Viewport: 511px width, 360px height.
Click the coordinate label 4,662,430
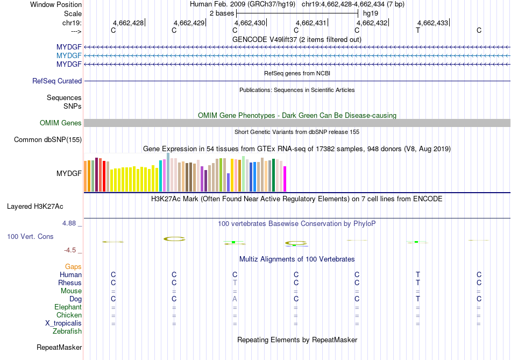click(x=250, y=23)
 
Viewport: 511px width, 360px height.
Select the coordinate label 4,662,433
click(x=433, y=23)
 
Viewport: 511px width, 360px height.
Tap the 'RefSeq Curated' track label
click(x=57, y=81)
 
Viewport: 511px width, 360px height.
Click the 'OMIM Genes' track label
click(x=61, y=123)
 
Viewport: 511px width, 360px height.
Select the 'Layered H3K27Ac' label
click(x=42, y=206)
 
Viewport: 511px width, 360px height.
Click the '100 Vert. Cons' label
click(x=30, y=236)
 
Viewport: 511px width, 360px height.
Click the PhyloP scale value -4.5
click(x=72, y=250)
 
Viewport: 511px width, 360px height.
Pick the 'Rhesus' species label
click(x=70, y=283)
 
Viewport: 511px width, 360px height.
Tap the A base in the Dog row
click(x=235, y=299)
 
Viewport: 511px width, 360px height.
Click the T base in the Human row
click(x=418, y=275)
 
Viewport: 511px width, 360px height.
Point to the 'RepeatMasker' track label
click(x=59, y=348)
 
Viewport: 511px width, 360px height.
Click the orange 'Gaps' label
click(x=73, y=267)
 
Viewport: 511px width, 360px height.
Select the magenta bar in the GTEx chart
click(x=285, y=179)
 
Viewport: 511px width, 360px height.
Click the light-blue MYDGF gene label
click(x=69, y=55)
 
